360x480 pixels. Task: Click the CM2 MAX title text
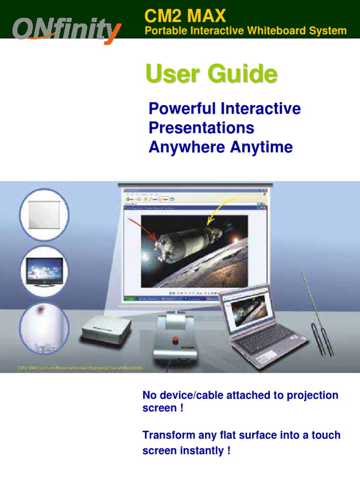[185, 16]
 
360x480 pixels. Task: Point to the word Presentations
[201, 128]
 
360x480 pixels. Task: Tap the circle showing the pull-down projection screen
[45, 214]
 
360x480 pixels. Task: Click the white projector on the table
[106, 330]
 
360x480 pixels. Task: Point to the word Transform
[164, 435]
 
